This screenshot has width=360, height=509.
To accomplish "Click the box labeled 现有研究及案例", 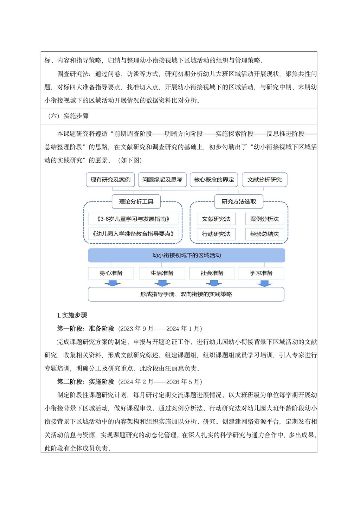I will point(110,180).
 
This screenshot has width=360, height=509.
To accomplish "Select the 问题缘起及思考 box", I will point(162,180).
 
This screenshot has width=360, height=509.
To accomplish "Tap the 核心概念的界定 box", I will point(214,180).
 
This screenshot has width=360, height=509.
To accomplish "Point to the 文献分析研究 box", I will point(264,180).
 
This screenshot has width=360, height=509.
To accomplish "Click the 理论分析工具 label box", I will point(136,201).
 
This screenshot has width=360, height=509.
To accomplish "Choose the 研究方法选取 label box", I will point(239,201).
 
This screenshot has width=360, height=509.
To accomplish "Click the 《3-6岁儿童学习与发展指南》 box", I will point(133,219).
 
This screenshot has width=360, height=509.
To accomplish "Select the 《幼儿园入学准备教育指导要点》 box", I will point(133,234).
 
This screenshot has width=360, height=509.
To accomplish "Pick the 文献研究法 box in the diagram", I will point(216,219).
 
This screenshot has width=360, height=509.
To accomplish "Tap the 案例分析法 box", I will point(264,219).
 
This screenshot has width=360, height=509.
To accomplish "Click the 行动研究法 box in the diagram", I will point(216,234).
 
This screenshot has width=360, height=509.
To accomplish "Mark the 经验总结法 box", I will point(264,234).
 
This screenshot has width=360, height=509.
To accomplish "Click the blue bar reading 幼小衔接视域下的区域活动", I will point(186,255).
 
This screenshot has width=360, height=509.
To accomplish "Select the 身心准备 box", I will point(111,273).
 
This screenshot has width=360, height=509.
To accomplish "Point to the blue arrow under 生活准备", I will point(162,283).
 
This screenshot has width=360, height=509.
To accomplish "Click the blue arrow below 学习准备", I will point(264,283).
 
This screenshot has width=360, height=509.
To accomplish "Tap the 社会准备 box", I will point(212,273).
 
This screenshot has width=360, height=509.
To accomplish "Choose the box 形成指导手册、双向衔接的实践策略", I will point(186,294).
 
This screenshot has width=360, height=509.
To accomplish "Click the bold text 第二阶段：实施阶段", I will point(85,382).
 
